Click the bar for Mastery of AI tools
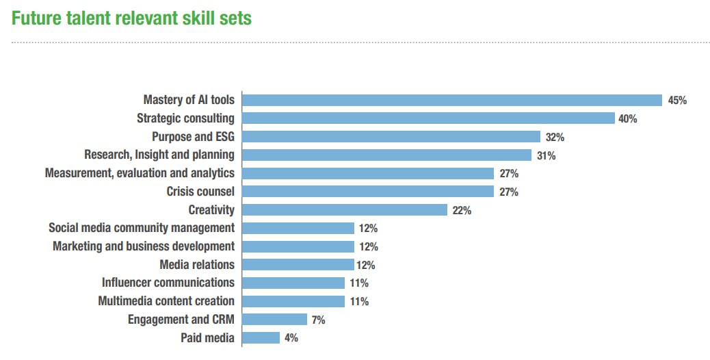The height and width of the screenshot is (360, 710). [x=452, y=100]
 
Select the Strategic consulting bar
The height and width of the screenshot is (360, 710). [x=428, y=118]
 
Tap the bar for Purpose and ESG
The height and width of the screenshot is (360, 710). [x=391, y=137]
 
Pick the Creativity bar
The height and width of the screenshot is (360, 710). [x=345, y=210]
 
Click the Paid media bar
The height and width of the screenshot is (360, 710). [x=261, y=337]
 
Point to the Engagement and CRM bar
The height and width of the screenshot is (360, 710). [x=274, y=319]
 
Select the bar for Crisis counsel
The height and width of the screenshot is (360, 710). [x=368, y=192]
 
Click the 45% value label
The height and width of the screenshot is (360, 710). [x=677, y=101]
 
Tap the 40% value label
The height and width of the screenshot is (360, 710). [x=628, y=119]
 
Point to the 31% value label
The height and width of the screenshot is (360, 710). [x=546, y=155]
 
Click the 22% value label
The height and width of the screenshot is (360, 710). [x=462, y=210]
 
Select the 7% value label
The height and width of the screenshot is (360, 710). [x=318, y=320]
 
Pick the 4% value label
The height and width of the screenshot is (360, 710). [x=291, y=337]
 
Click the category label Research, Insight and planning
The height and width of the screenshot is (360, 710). [x=159, y=155]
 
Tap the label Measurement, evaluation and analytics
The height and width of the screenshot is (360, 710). [x=140, y=173]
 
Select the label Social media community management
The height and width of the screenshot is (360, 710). [x=142, y=228]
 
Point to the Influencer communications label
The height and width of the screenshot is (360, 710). [x=168, y=283]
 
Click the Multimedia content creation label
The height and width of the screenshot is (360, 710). [x=166, y=301]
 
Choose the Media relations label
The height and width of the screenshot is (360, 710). [x=197, y=264]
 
